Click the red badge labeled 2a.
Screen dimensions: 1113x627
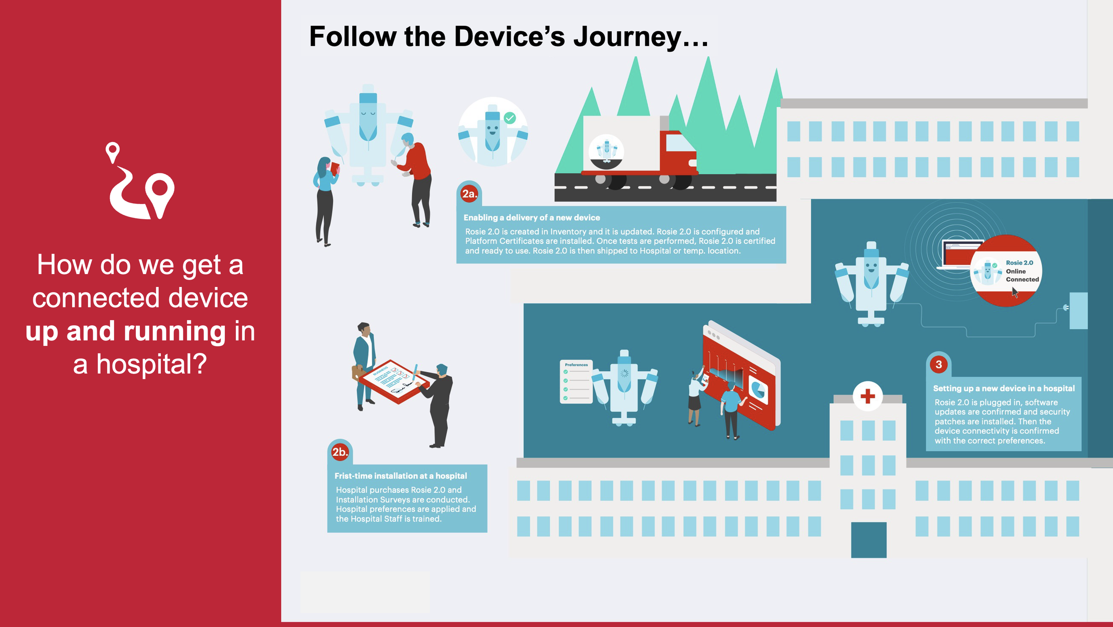(x=469, y=194)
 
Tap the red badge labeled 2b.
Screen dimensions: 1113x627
(x=340, y=452)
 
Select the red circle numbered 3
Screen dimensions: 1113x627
(x=938, y=365)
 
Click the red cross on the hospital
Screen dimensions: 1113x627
(x=867, y=396)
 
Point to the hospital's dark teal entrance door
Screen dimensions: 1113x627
(x=869, y=540)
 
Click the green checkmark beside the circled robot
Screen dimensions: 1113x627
(x=510, y=118)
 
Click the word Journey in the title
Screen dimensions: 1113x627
(x=627, y=37)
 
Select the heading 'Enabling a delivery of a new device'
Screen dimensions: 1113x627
(x=532, y=217)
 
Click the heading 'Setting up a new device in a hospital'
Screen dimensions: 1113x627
(x=1003, y=388)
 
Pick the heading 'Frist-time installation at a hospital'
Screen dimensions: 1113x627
(x=401, y=476)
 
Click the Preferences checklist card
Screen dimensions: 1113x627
(x=576, y=381)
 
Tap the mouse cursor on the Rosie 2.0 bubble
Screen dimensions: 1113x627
(x=1015, y=292)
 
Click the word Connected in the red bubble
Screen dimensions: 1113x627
(x=1022, y=279)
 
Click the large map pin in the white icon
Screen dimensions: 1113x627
(x=160, y=192)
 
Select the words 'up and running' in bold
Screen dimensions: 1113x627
(x=126, y=331)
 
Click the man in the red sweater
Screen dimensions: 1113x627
(x=417, y=178)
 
